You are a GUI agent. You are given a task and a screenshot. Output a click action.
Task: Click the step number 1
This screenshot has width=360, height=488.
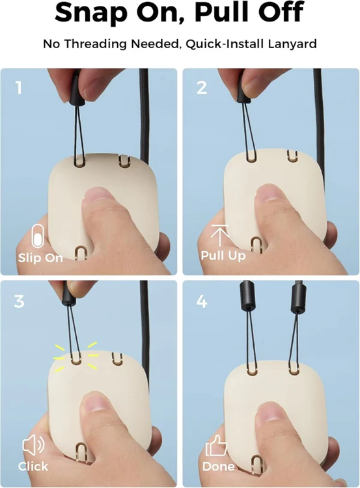coord(19,87)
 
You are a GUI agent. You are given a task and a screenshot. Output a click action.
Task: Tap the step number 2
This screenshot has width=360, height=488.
coord(202,87)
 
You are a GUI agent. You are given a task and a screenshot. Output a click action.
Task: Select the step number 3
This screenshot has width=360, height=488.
coord(19,301)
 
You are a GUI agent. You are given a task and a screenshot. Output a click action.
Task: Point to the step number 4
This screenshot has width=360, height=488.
coord(202,301)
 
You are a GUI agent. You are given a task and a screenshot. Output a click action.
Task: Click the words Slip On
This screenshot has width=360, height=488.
coord(40,258)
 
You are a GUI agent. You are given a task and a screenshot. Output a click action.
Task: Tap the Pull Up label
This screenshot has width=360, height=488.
coord(223,256)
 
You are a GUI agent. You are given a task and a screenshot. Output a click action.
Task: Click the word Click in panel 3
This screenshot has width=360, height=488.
coord(33,467)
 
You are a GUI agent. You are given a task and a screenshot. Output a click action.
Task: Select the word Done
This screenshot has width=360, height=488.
coord(218,467)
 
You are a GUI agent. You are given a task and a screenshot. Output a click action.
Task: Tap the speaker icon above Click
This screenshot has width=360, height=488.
coord(34,445)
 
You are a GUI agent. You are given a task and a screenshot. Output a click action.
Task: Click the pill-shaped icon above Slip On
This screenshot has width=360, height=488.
coord(38,236)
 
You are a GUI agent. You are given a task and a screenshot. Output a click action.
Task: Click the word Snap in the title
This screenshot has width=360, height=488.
coord(90,12)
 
